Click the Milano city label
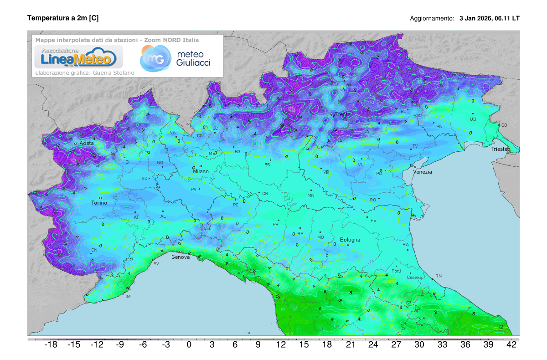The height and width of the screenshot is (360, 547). click(x=201, y=171)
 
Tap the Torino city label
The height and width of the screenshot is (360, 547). click(x=99, y=203)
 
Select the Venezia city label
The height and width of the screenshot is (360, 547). click(x=423, y=172)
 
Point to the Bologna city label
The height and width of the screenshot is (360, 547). click(x=350, y=240)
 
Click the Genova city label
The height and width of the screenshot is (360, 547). click(x=180, y=257)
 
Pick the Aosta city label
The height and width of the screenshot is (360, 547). click(x=87, y=143)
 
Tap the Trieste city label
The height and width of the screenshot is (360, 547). click(x=501, y=149)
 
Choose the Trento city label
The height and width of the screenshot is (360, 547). click(x=342, y=114)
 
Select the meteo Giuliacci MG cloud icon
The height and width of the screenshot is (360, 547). click(x=154, y=58)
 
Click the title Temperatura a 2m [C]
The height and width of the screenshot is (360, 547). click(x=63, y=18)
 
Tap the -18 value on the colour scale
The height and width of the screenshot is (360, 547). click(x=50, y=345)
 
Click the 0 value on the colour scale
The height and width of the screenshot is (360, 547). click(x=189, y=345)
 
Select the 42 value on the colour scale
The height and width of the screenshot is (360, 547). click(x=511, y=345)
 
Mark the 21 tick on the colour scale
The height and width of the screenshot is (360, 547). click(x=350, y=345)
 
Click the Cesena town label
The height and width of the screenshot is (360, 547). click(x=414, y=278)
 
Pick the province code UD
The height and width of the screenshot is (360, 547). click(x=473, y=119)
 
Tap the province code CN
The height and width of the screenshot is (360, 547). click(x=94, y=251)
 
